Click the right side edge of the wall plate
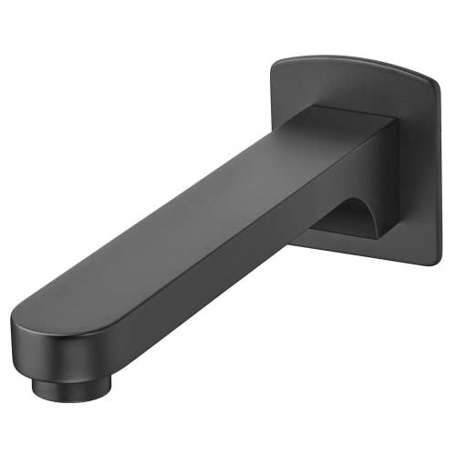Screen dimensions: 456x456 439,173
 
